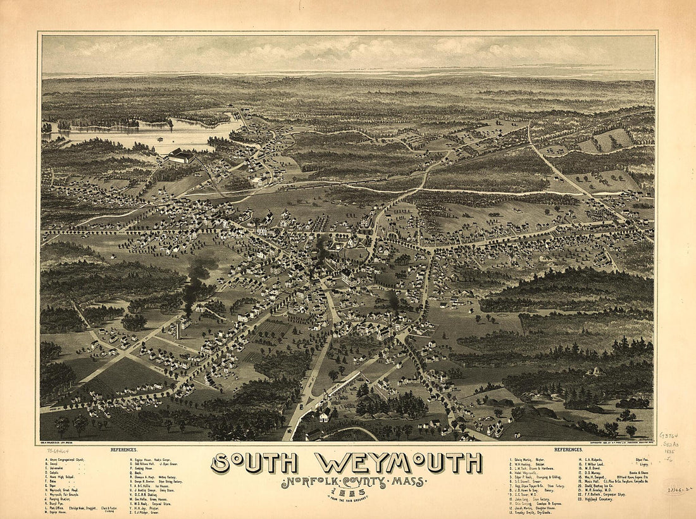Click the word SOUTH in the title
click(256, 463)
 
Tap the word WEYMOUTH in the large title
click(398, 463)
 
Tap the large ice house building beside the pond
click(181, 156)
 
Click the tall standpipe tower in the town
click(180, 328)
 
